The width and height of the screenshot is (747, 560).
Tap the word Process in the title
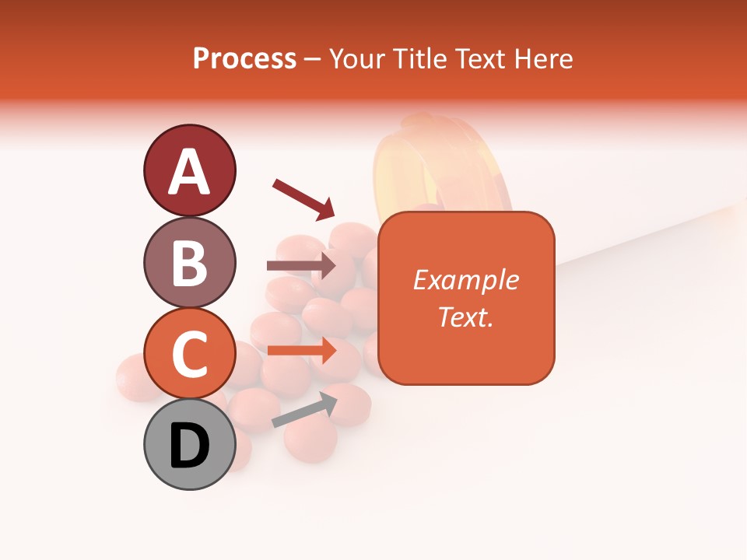point(244,59)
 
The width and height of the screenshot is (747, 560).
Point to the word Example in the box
point(465,280)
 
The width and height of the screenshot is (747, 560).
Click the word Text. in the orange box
point(465,317)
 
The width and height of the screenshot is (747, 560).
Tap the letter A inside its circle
point(189,172)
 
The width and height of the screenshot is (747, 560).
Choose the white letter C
point(189,355)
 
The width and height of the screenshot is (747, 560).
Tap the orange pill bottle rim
point(440,159)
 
